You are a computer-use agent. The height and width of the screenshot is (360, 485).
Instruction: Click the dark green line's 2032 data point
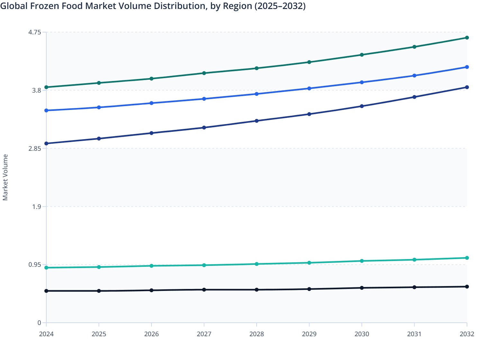[x=467, y=38]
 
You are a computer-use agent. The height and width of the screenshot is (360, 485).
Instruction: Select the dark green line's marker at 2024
[x=46, y=87]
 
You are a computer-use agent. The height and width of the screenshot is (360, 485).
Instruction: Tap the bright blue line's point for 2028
[x=257, y=94]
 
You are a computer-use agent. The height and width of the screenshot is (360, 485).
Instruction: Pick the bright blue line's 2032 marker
[x=467, y=67]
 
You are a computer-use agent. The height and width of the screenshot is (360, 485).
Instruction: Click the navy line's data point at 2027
[x=204, y=128]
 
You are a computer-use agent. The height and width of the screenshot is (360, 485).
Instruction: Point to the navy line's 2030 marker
[x=362, y=106]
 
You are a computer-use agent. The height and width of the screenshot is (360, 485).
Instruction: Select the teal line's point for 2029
[x=309, y=263]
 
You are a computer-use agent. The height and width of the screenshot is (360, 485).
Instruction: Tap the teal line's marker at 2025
[x=99, y=267]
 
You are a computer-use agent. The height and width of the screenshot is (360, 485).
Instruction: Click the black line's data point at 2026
[x=151, y=290]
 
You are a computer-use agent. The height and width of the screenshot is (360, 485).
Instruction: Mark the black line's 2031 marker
[x=414, y=287]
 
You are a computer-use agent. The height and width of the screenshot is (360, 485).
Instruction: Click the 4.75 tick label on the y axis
[x=35, y=32]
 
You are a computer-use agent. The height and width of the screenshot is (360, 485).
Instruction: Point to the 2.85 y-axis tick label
[x=35, y=148]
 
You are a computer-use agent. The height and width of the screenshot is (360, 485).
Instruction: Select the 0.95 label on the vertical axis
[x=35, y=265]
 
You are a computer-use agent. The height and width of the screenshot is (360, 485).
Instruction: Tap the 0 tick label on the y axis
[x=39, y=323]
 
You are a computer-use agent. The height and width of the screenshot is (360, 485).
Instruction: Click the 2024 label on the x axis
[x=46, y=334]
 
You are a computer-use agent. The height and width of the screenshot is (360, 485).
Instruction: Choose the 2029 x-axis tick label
[x=309, y=334]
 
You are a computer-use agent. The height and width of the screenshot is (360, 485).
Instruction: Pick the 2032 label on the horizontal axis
[x=467, y=334]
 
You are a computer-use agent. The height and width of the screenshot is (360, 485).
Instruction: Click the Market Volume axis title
[x=5, y=177]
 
